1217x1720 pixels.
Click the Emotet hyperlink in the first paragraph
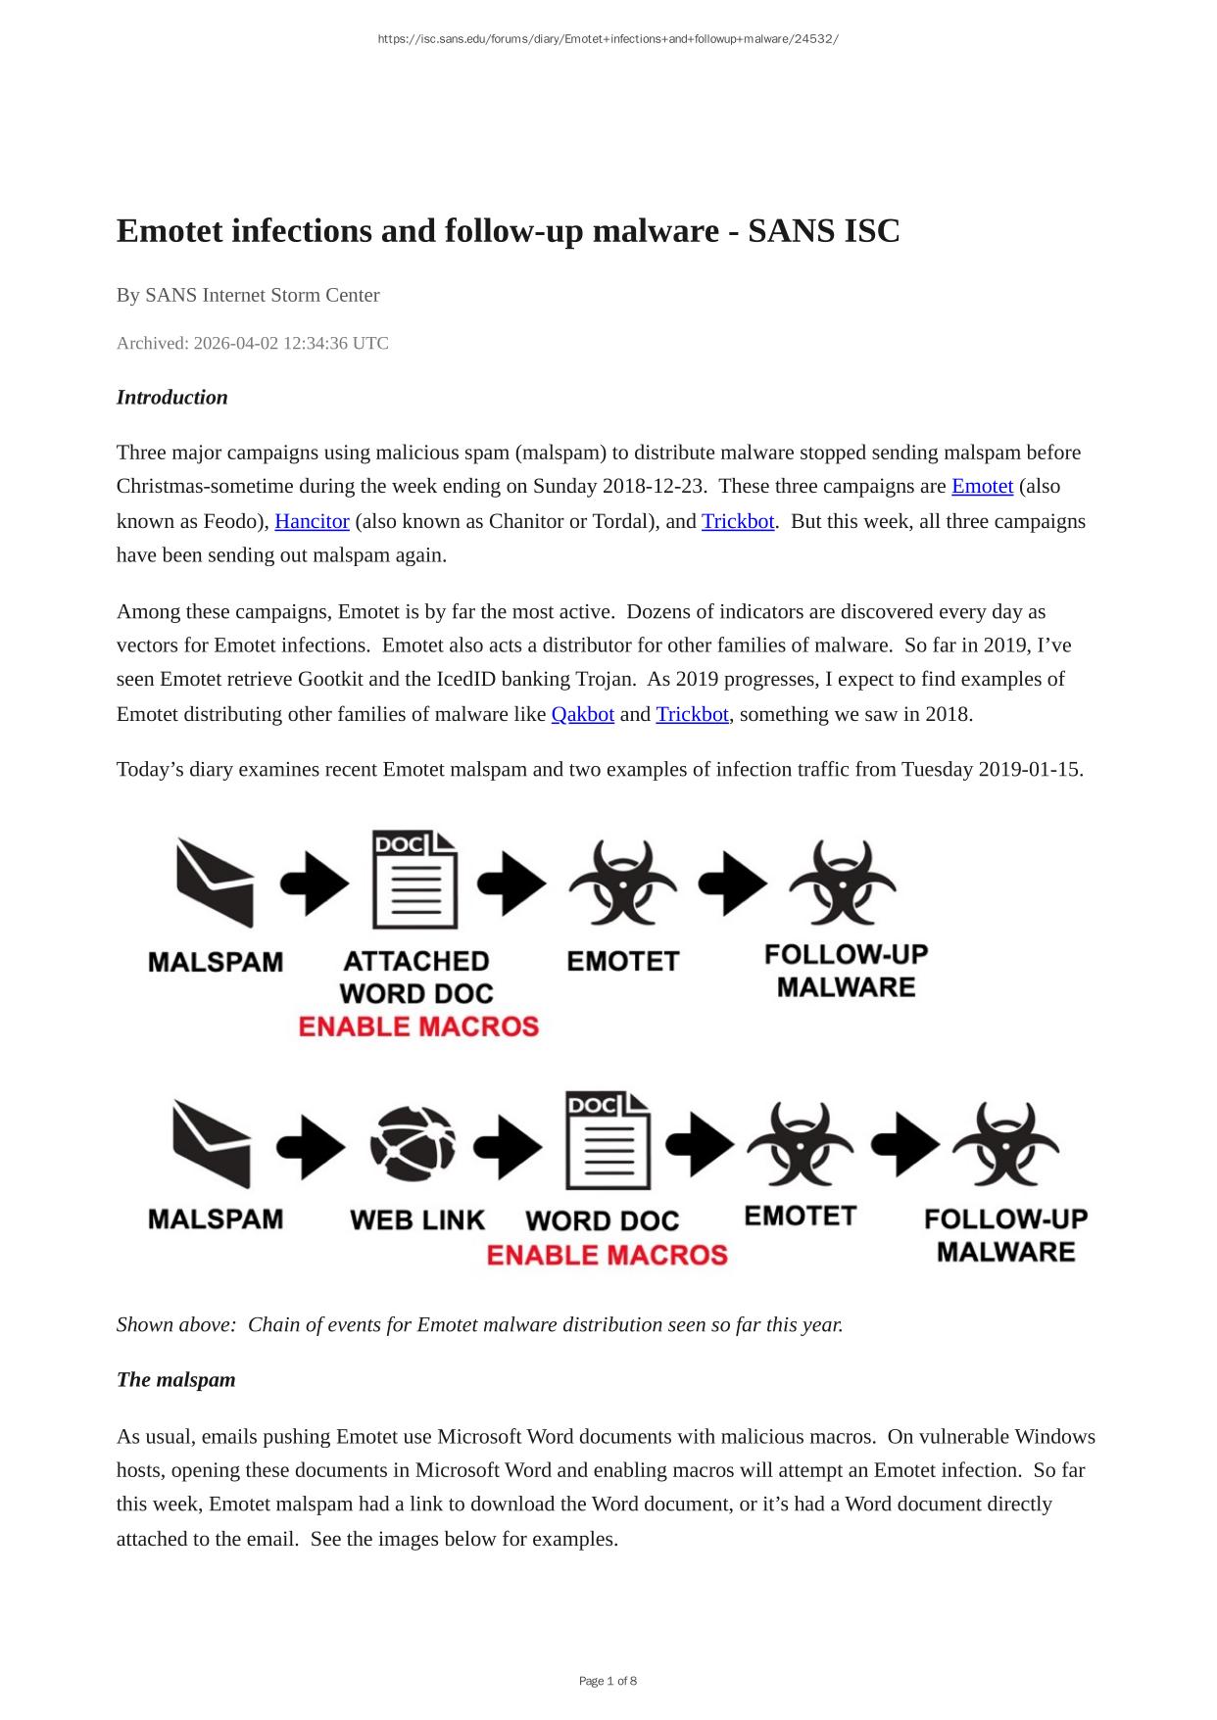coord(982,487)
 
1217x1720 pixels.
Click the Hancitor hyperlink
coord(312,521)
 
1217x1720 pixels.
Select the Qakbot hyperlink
coord(582,714)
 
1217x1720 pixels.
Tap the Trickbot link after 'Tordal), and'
coord(738,521)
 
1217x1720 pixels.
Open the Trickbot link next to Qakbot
coord(692,714)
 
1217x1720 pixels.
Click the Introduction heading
coord(171,398)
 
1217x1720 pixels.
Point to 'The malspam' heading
coord(175,1380)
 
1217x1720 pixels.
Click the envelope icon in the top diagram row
coord(215,884)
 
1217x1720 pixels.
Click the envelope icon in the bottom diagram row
coord(212,1143)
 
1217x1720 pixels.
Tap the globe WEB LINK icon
coord(413,1144)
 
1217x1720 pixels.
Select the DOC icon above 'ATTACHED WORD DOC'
coord(415,881)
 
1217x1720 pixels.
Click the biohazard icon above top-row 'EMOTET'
coord(622,883)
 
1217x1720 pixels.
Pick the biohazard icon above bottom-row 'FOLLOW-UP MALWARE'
coord(1005,1144)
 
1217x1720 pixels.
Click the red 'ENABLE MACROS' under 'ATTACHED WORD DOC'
coord(418,1027)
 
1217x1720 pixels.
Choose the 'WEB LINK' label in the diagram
coord(417,1219)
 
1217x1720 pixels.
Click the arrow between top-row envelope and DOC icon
coord(314,884)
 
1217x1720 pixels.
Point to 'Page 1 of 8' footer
coord(608,1681)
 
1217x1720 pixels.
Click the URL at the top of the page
coord(608,39)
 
